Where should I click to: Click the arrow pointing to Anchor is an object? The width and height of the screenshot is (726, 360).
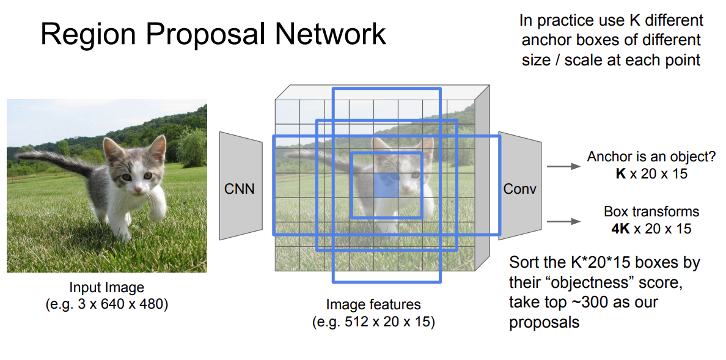tap(562, 166)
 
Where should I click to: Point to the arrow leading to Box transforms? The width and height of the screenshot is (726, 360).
tap(562, 221)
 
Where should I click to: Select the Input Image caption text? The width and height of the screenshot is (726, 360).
tap(106, 288)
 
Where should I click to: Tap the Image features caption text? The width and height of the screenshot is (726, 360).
tap(373, 304)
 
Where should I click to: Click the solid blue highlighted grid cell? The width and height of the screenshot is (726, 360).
tap(386, 185)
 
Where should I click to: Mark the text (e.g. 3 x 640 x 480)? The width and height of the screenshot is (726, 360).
tap(106, 304)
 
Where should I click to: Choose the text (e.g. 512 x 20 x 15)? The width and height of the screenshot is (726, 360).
tap(373, 321)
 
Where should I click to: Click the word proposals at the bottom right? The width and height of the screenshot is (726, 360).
tap(544, 322)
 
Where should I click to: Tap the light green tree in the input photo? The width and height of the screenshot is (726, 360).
tap(193, 147)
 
